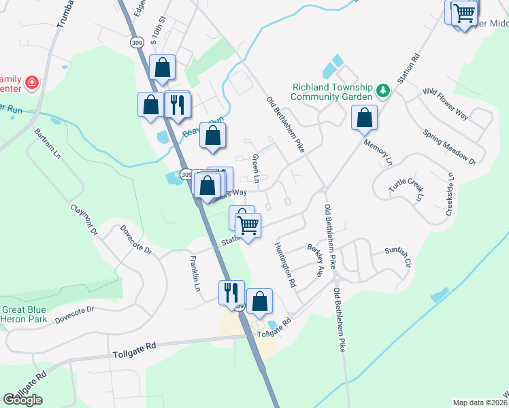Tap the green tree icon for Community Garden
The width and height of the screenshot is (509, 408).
[x=383, y=89]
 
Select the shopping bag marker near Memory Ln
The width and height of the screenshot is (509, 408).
[x=365, y=118]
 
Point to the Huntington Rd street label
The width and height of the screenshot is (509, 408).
[x=286, y=265]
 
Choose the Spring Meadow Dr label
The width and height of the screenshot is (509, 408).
[x=448, y=146]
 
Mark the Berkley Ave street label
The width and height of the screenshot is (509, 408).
[x=314, y=260]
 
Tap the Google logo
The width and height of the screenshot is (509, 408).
[x=22, y=399]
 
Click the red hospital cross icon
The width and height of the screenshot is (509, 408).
[x=31, y=83]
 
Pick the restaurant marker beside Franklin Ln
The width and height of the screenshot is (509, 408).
[x=231, y=292]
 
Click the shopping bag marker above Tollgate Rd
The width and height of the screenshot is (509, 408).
[x=259, y=301]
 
